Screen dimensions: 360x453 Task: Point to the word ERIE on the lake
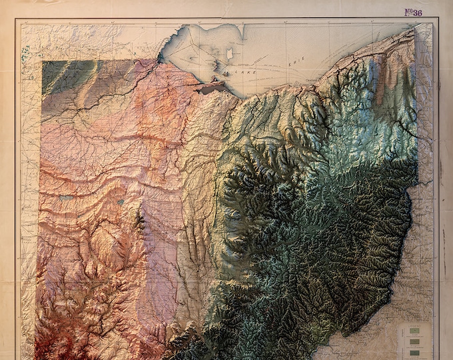[295, 61]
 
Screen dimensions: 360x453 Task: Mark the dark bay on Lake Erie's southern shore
[213, 87]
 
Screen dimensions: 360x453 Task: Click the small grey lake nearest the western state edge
[65, 197]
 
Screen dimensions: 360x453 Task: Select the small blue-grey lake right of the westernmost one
[121, 201]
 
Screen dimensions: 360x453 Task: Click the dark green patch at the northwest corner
[60, 77]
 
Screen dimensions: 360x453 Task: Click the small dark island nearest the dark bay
[226, 72]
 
